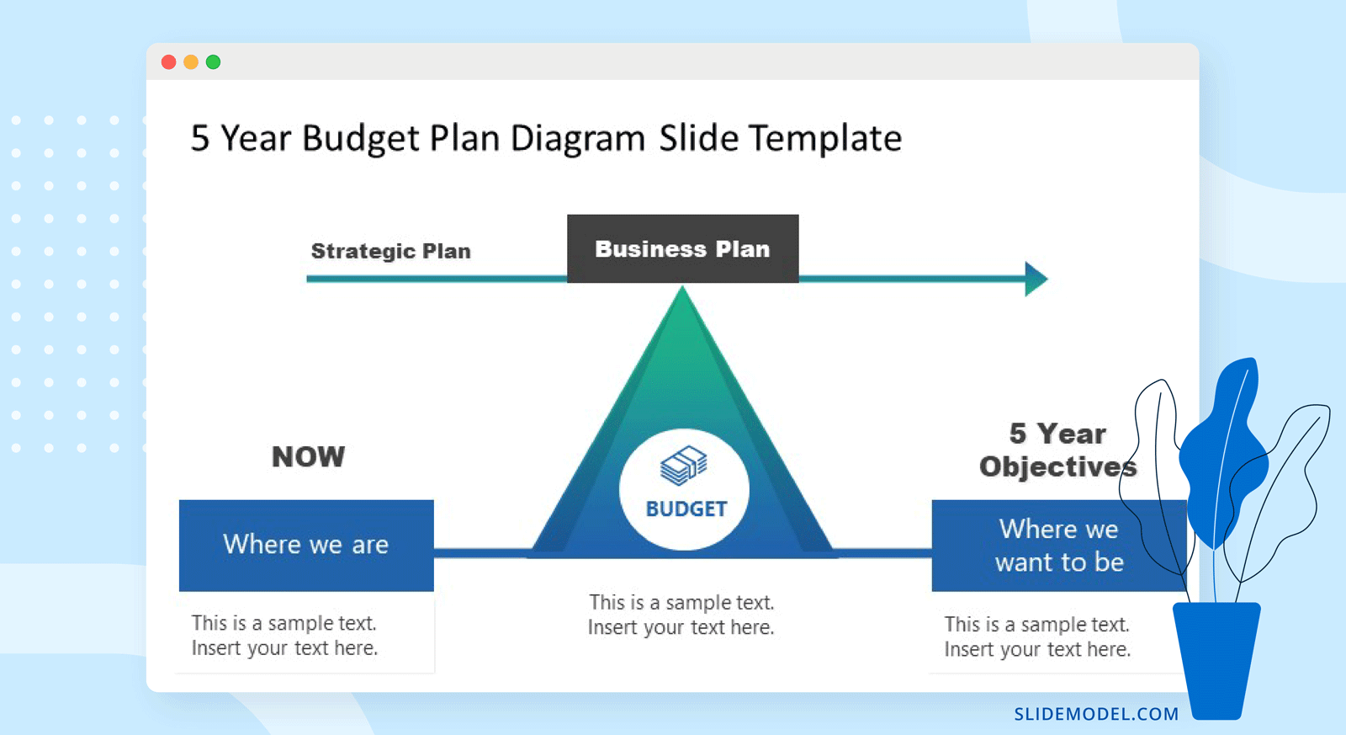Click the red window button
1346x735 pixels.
169,62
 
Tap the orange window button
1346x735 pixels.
191,62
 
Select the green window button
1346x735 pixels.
214,62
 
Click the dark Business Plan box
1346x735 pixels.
682,248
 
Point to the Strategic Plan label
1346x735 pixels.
390,251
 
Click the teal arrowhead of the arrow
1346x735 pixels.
1036,279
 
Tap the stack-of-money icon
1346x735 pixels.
684,465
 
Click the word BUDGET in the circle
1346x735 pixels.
686,509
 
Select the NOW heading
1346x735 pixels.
308,456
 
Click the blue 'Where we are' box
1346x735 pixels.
306,545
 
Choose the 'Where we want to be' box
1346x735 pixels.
1059,545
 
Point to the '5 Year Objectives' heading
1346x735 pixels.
1057,450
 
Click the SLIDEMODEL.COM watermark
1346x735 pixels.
1096,714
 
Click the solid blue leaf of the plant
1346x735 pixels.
1223,451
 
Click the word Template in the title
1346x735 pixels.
825,138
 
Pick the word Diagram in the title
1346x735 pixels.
578,139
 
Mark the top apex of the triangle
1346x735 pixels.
682,286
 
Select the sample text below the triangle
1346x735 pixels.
681,615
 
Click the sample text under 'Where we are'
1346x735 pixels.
284,635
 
